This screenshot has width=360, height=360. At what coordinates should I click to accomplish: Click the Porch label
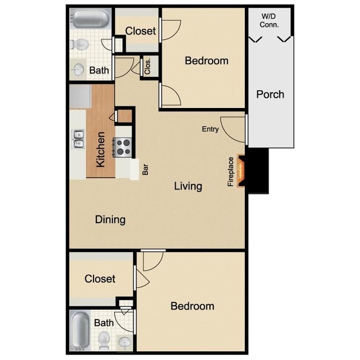270,94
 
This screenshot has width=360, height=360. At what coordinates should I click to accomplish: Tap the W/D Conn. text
270,21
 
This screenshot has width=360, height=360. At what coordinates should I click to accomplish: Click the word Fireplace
231,171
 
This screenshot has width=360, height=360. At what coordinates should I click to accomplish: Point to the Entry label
210,129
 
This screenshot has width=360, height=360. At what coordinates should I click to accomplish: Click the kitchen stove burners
122,147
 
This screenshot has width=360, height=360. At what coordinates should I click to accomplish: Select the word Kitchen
101,150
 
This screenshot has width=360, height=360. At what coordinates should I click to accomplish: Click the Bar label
145,169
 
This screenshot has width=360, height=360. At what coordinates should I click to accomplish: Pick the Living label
188,186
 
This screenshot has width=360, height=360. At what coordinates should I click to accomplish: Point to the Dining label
110,219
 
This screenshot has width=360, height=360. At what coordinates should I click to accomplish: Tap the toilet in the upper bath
81,44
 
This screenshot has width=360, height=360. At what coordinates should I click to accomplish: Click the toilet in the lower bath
104,338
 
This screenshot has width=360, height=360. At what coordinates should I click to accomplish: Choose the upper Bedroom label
207,61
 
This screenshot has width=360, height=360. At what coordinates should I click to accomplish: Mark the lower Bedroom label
192,306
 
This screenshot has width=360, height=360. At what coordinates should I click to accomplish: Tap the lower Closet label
100,279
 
